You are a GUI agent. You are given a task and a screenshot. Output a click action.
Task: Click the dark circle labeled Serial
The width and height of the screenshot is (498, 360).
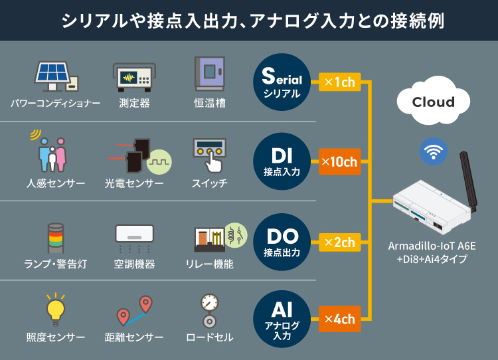click(282, 82)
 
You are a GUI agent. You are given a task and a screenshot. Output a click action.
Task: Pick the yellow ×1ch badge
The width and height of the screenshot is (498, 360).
click(339, 82)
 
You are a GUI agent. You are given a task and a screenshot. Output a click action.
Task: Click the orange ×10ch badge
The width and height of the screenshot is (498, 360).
click(339, 162)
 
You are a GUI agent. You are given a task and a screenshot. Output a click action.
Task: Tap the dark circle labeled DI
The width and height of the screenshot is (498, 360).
click(282, 162)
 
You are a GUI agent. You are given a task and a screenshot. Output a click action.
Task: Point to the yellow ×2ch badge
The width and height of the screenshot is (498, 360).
click(339, 242)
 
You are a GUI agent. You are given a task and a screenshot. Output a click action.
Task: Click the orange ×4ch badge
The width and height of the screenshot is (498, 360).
click(339, 319)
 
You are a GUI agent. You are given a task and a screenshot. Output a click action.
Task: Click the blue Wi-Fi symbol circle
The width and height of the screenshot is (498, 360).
click(433, 152)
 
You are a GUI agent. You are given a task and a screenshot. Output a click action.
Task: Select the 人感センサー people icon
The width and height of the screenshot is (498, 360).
click(52, 155)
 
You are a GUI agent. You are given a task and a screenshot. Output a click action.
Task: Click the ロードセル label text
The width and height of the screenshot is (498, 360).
click(210, 338)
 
